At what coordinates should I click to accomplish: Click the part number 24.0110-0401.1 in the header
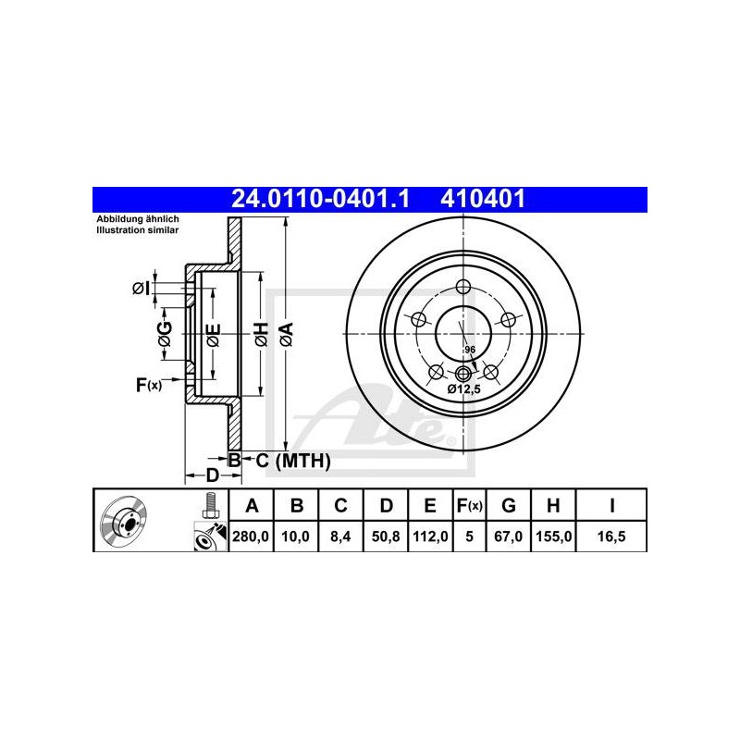click(x=320, y=199)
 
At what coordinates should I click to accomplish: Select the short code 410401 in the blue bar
click(x=483, y=199)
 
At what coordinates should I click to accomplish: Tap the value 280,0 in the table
click(x=251, y=536)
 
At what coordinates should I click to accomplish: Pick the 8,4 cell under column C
click(x=340, y=536)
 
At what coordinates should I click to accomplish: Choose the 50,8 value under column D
click(x=386, y=536)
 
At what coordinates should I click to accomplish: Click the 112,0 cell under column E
click(x=430, y=536)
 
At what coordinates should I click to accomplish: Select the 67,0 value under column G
click(x=508, y=536)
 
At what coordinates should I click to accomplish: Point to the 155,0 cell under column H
click(x=553, y=536)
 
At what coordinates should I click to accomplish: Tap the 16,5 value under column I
click(x=611, y=536)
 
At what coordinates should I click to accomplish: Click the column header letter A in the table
click(x=252, y=505)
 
